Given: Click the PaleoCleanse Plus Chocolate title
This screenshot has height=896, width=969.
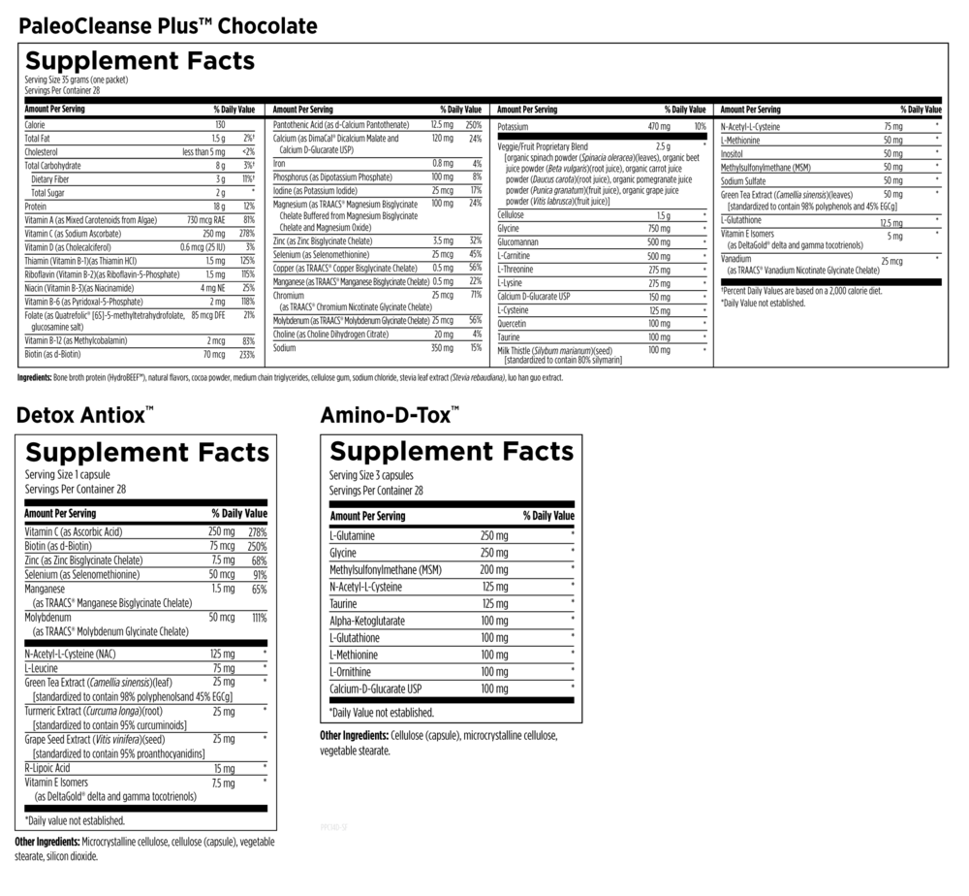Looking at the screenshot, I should coord(168,25).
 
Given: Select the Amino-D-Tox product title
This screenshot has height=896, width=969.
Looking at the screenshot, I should coord(391,416).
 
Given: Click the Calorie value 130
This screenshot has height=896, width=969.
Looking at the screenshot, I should coord(219,125).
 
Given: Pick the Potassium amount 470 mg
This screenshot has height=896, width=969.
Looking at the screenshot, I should coord(659,127).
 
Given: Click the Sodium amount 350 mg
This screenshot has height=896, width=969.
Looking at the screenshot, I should coord(442,347).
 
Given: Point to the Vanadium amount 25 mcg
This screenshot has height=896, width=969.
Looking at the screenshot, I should coord(891,262).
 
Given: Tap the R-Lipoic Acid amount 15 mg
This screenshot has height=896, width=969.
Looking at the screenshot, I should coord(223,768).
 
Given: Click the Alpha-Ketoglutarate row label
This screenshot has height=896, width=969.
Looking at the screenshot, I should coord(367,620).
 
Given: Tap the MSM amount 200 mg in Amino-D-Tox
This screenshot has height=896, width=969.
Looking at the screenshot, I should coord(493,569).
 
